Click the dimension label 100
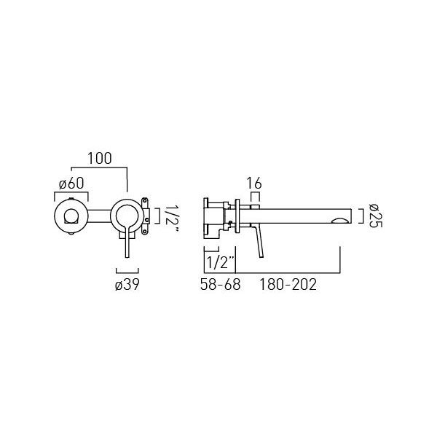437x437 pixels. coord(100,158)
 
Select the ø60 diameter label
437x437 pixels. coord(71,184)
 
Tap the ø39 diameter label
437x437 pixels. coord(127,285)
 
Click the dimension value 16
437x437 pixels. coord(254,184)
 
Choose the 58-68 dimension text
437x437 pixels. coord(220,285)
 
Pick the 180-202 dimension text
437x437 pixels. coord(288,285)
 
